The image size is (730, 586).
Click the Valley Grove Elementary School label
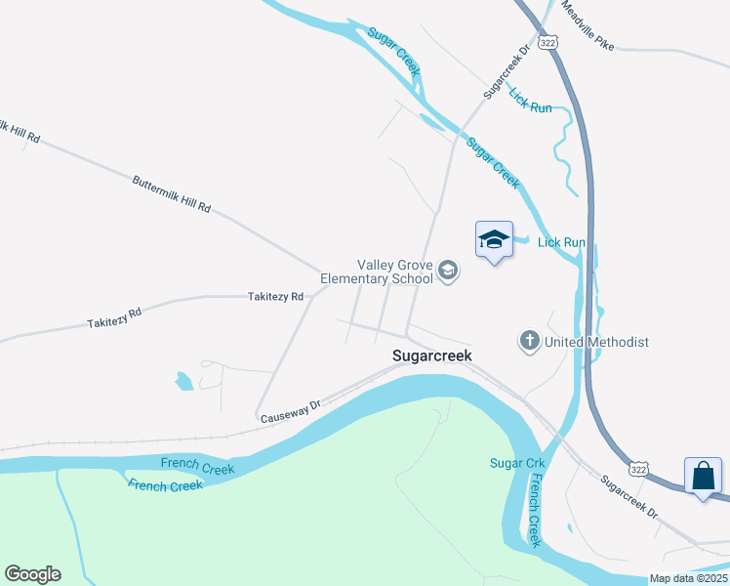[395, 272]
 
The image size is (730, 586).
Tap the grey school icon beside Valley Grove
[448, 271]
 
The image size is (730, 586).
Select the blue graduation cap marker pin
[494, 240]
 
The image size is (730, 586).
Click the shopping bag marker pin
[703, 478]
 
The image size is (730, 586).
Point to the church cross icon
[529, 342]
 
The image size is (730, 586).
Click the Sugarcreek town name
[431, 356]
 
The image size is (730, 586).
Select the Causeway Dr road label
[291, 410]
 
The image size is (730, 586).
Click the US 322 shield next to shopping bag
[637, 469]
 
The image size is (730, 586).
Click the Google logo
[32, 574]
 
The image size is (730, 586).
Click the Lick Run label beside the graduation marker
[562, 241]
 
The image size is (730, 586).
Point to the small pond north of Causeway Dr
[182, 381]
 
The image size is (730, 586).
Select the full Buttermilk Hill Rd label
[172, 193]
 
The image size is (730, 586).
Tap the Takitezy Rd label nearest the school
[275, 296]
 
